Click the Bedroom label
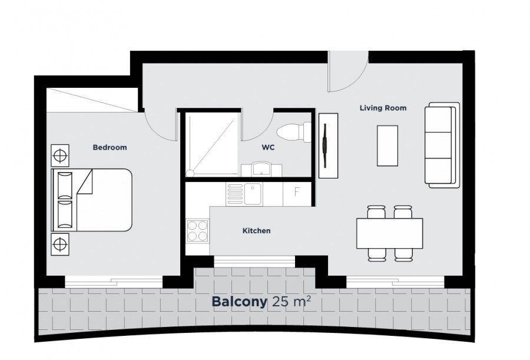[110, 147]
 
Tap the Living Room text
[383, 108]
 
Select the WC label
[269, 148]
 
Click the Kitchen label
[257, 231]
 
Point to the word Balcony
[239, 302]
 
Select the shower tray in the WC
[213, 144]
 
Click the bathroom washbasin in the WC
[261, 170]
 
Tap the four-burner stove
[197, 230]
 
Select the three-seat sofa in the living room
[443, 145]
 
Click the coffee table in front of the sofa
[387, 146]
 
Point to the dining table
[389, 233]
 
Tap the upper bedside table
[59, 156]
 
